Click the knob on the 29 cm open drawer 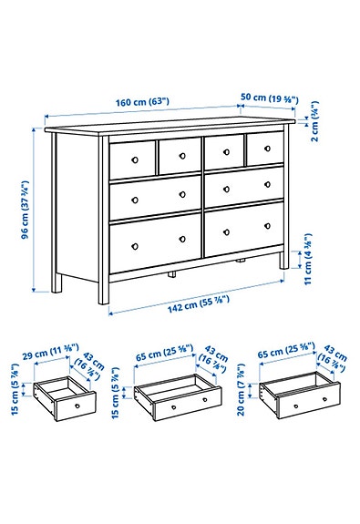tap(78, 406)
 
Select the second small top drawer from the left tap(179, 156)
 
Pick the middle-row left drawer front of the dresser tap(155, 197)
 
